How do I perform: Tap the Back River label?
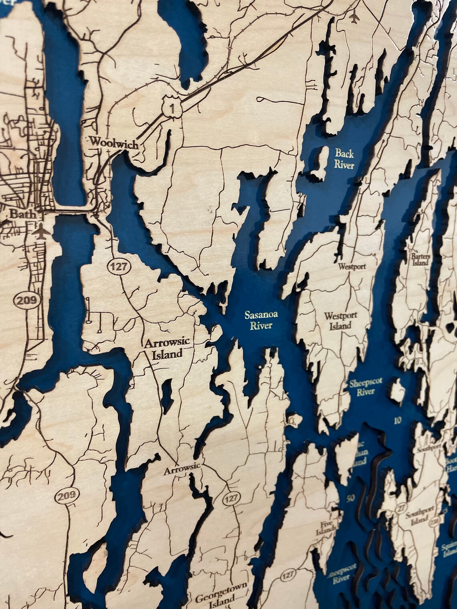(x=345, y=158)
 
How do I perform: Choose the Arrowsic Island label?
(x=168, y=349)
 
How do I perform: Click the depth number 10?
(x=397, y=420)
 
